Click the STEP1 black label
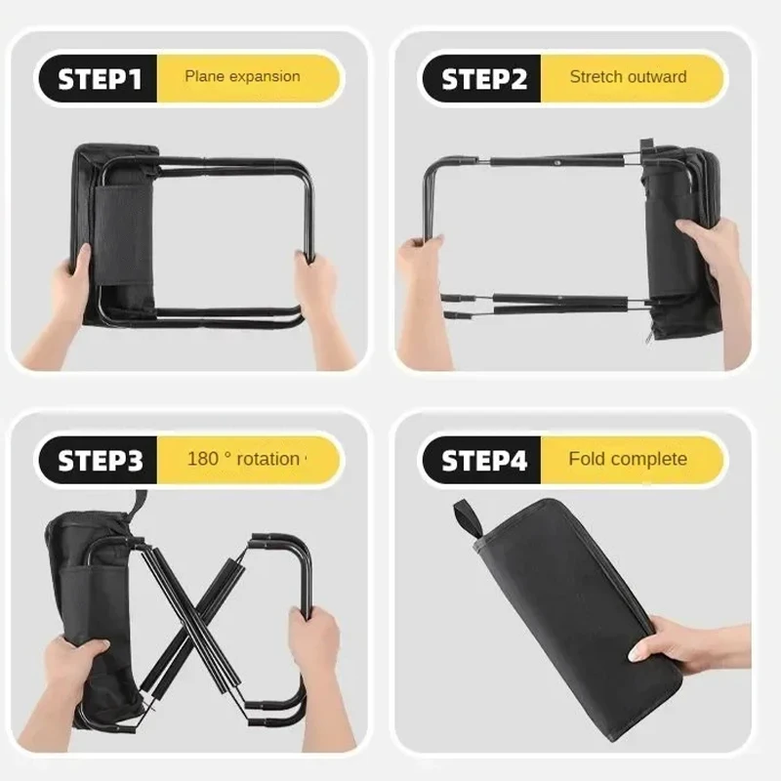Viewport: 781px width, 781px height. [x=100, y=79]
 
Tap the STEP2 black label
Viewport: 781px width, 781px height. [x=482, y=79]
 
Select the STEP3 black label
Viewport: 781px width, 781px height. [x=100, y=460]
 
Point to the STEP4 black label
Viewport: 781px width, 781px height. [x=482, y=460]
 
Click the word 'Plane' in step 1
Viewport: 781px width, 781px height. [x=204, y=76]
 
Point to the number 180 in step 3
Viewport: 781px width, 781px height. [x=202, y=459]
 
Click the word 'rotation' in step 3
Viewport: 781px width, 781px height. [x=267, y=459]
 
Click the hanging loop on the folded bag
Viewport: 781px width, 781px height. [x=468, y=518]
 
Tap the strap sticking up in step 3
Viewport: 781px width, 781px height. [x=138, y=504]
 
